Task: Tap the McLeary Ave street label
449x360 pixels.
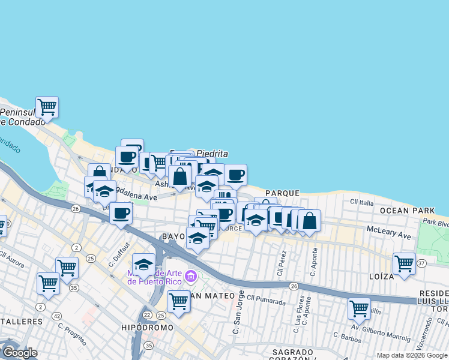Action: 389,233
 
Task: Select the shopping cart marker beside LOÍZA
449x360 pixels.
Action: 405,263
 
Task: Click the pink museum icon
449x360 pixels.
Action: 191,277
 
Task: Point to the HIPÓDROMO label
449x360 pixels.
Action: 147,328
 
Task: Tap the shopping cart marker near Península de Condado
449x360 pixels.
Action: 47,107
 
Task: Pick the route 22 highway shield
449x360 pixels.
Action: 147,315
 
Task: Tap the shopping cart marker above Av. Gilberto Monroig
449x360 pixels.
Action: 359,308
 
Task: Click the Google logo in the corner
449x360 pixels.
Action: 20,352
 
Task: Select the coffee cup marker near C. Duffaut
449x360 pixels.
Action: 121,213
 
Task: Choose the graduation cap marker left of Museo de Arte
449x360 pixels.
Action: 143,264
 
